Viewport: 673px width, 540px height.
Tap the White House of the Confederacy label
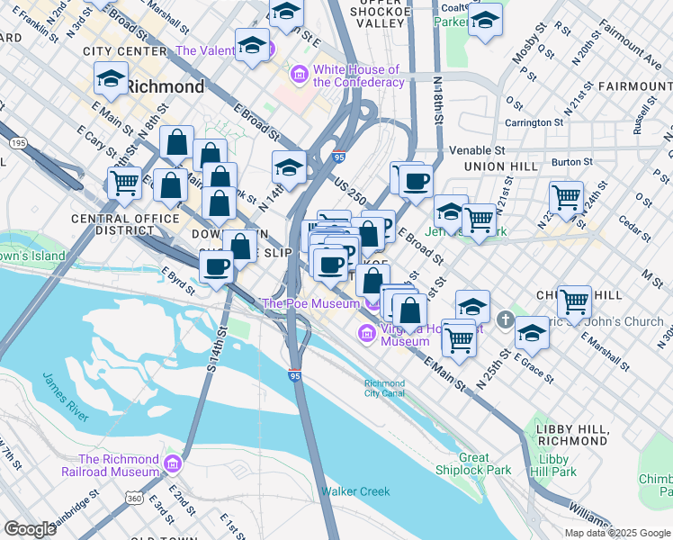point(356,76)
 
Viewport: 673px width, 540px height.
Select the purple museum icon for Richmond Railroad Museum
point(173,464)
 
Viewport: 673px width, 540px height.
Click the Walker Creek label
point(355,491)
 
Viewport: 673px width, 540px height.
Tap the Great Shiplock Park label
point(485,463)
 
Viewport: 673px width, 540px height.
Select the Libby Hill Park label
point(552,464)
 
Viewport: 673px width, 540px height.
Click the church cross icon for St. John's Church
point(506,319)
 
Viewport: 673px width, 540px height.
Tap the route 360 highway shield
point(134,498)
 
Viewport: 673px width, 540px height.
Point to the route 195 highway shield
point(17,143)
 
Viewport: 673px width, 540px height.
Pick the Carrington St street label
point(534,121)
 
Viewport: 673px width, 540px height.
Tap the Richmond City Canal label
point(384,388)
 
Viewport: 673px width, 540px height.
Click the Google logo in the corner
point(30,528)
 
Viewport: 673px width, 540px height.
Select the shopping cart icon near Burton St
point(566,196)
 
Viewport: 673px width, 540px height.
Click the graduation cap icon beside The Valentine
point(252,44)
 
